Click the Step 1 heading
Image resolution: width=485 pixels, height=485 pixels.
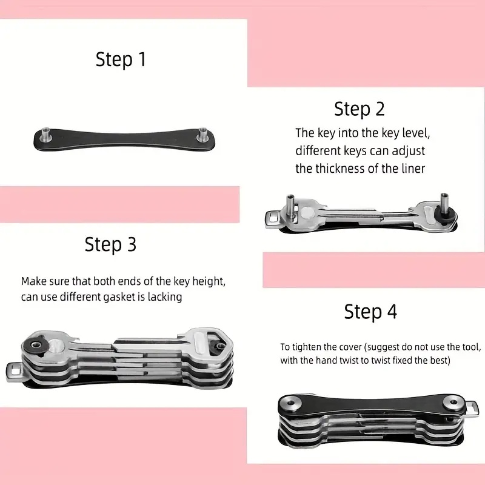pos(121,59)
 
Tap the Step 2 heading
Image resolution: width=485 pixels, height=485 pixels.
pos(360,109)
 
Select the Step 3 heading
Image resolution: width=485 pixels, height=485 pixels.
pos(110,245)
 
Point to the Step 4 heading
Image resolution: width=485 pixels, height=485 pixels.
pos(370,312)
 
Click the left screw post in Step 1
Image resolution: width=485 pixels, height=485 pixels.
pos(46,135)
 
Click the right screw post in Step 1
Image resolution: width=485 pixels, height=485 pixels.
pos(202,135)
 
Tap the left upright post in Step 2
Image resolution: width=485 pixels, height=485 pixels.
pos(291,206)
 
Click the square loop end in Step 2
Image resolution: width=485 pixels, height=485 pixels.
pos(273,219)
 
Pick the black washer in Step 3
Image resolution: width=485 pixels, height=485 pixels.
pos(35,346)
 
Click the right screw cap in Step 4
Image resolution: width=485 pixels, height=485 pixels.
pos(453,403)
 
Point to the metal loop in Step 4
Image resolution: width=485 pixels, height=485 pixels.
pos(472,410)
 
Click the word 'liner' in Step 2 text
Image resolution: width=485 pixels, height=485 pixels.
pos(413,169)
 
